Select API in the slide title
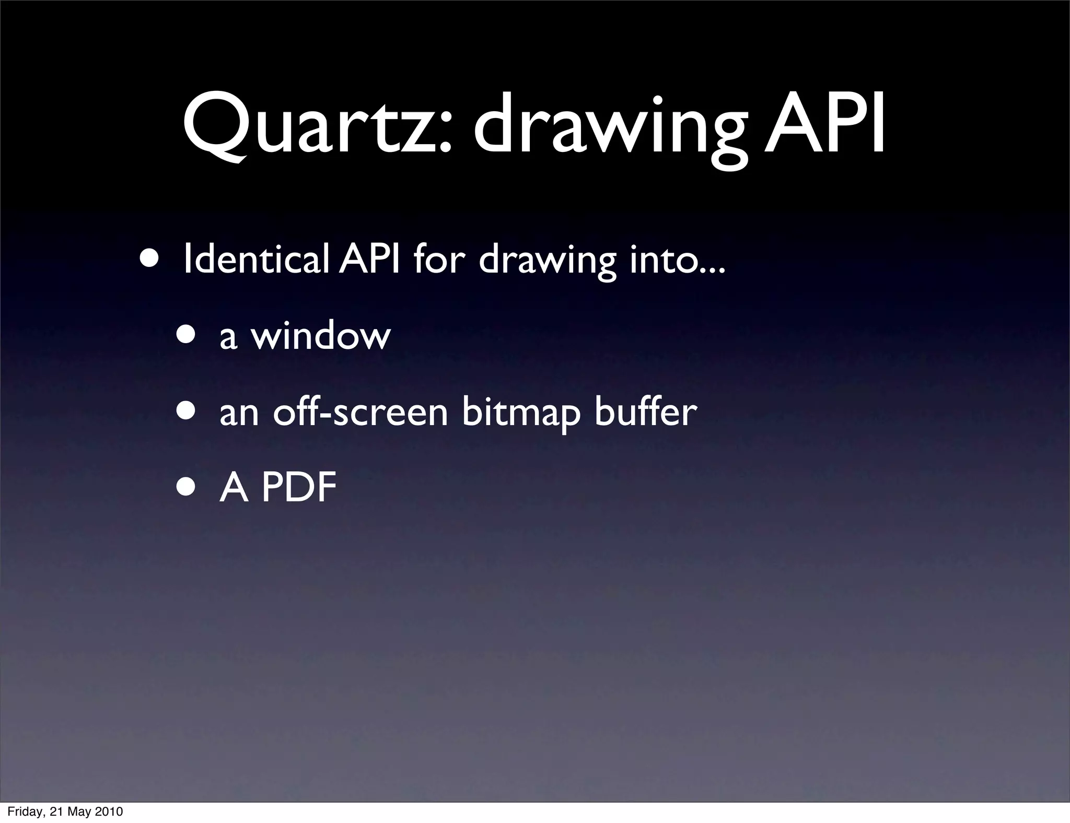pyautogui.click(x=824, y=125)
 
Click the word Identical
pyautogui.click(x=256, y=260)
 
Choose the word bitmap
pyautogui.click(x=521, y=414)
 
